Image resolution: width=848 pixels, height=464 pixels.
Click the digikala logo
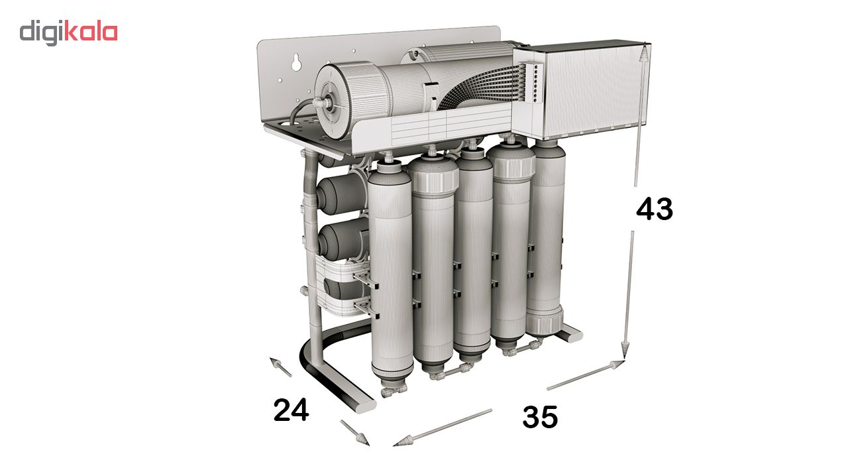[x=68, y=33]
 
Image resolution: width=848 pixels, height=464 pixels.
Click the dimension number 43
[x=655, y=209]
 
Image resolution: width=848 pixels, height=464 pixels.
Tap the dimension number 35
[x=540, y=417]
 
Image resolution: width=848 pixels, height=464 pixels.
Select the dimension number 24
[x=291, y=410]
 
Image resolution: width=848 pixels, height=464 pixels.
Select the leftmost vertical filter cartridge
[x=390, y=272]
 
